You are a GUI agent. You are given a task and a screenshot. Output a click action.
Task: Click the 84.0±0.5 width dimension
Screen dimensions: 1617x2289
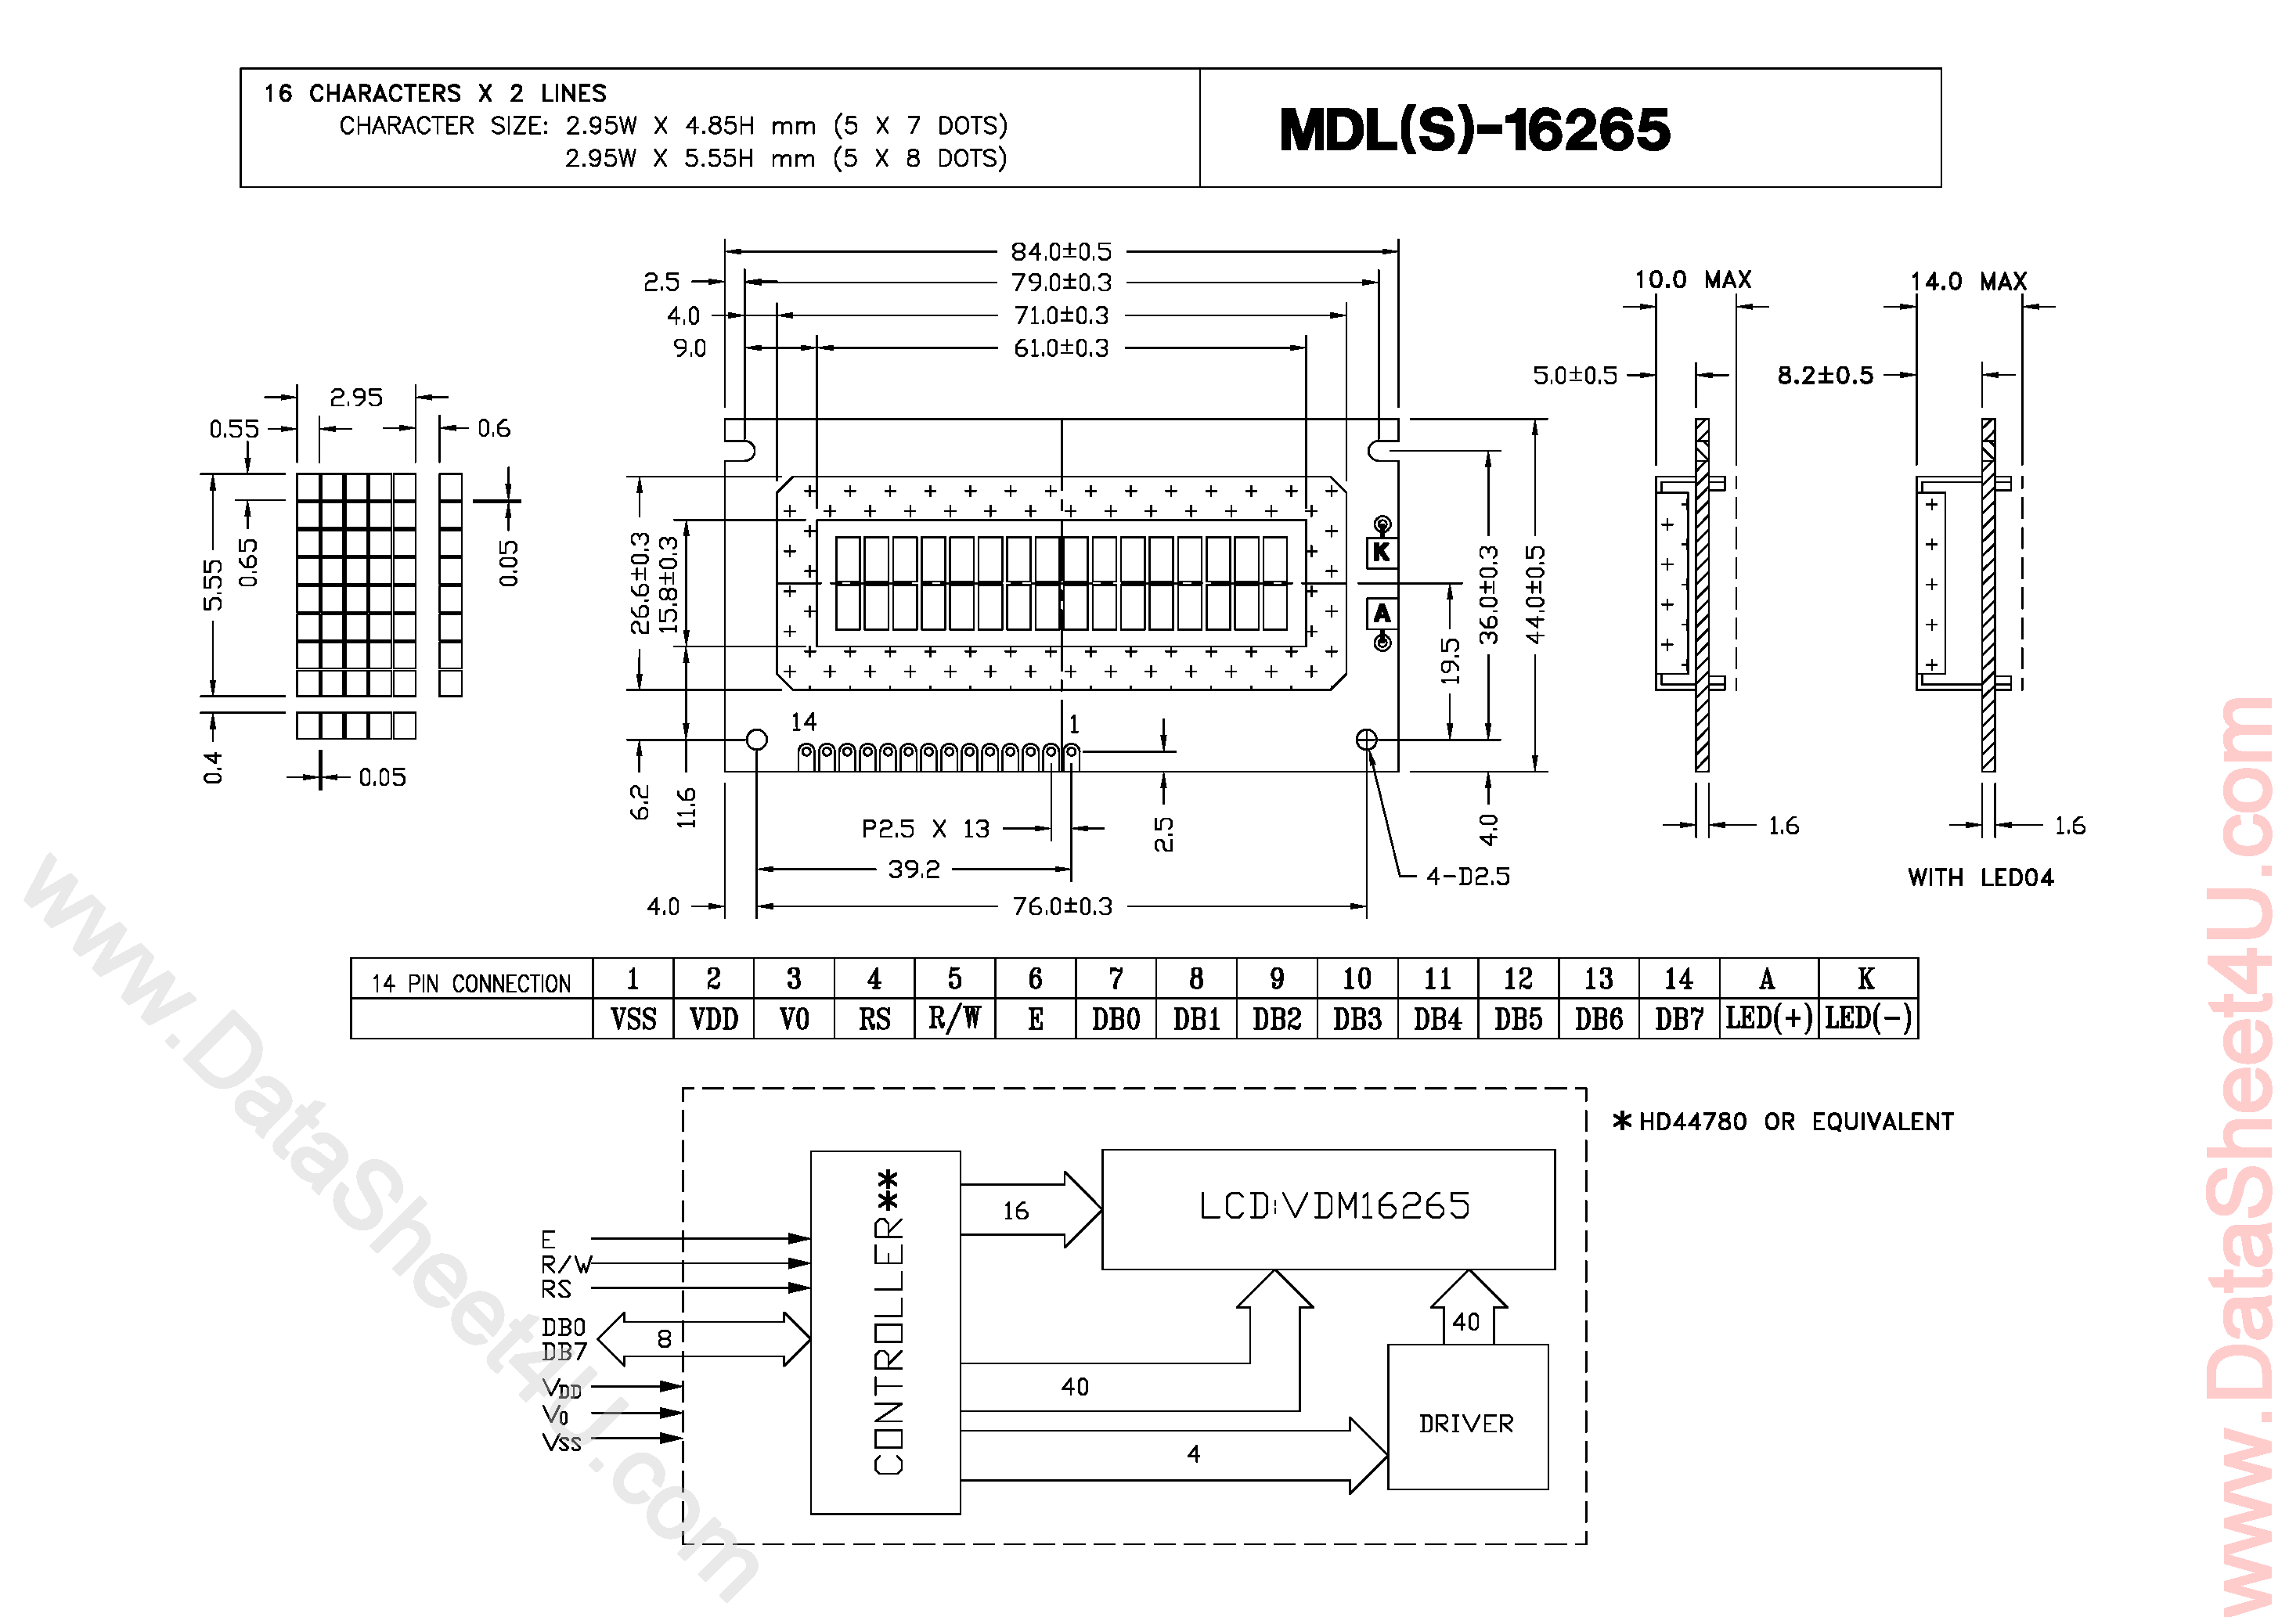point(1061,251)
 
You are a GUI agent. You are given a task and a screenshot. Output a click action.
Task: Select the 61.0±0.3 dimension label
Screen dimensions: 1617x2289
point(1061,348)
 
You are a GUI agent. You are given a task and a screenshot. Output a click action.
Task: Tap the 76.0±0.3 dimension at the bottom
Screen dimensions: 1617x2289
point(1062,906)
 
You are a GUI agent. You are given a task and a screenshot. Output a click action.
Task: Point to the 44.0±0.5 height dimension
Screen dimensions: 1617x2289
point(1535,595)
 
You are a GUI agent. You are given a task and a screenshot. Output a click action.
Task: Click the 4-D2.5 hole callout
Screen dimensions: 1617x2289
point(1468,877)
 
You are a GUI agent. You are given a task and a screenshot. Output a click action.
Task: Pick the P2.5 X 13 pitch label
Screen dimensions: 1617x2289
point(925,828)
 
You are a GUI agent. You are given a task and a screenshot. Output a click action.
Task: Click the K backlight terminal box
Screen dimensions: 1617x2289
point(1382,551)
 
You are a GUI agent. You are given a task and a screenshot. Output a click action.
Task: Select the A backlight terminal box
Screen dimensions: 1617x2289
point(1382,613)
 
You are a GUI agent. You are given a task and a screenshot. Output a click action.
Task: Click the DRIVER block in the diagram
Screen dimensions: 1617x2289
point(1466,1423)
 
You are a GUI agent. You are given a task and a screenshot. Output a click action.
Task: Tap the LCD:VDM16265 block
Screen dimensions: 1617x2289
point(1333,1206)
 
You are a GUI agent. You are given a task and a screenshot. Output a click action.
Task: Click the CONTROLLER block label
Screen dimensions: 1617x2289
point(887,1326)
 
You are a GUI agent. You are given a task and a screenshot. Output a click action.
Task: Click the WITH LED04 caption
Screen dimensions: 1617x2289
point(1980,877)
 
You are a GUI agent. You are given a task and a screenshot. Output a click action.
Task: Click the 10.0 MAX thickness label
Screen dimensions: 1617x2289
point(1692,280)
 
